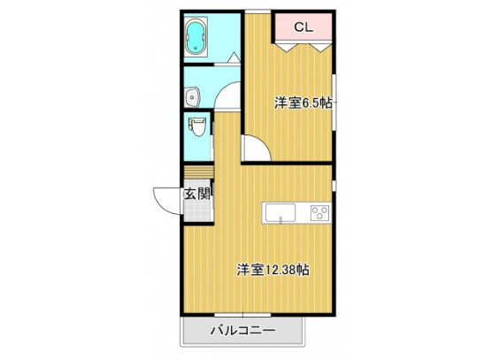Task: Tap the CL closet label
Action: pyautogui.click(x=302, y=27)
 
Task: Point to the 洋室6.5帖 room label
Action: pyautogui.click(x=303, y=103)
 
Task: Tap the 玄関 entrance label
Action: pyautogui.click(x=196, y=194)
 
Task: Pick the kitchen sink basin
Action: pyautogui.click(x=280, y=212)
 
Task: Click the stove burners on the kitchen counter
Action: pyautogui.click(x=319, y=211)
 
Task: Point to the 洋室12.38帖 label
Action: pyautogui.click(x=272, y=268)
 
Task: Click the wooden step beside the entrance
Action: pyautogui.click(x=198, y=172)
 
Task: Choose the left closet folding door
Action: pyautogui.click(x=287, y=46)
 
